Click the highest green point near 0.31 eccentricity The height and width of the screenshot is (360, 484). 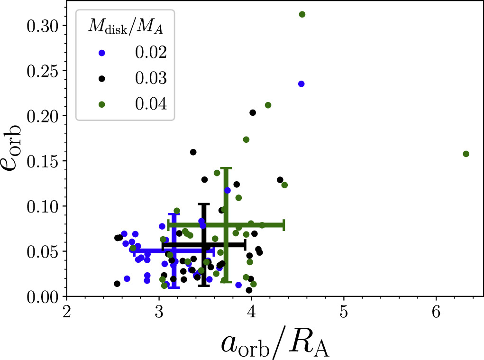click(x=302, y=14)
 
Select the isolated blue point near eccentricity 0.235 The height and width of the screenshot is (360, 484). click(x=301, y=84)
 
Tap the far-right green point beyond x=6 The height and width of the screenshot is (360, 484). click(x=466, y=154)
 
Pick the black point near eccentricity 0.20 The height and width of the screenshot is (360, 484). click(x=253, y=112)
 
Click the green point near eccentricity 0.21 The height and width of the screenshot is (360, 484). click(x=268, y=105)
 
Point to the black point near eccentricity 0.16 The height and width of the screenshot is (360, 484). click(x=193, y=152)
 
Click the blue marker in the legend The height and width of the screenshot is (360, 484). click(x=101, y=53)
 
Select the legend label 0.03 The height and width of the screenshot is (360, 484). click(x=149, y=78)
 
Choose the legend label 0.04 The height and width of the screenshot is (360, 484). click(x=149, y=103)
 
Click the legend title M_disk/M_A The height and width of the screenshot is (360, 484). click(x=125, y=28)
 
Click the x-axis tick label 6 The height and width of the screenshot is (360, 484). click(x=436, y=314)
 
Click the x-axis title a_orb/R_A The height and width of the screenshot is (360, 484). click(x=275, y=343)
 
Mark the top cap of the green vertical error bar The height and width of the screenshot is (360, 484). click(x=226, y=168)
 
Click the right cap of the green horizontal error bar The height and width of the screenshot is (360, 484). click(x=283, y=225)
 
